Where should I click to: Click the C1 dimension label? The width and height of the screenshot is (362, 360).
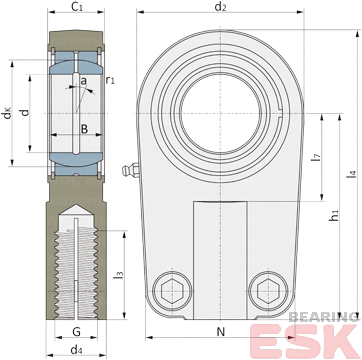[77, 7]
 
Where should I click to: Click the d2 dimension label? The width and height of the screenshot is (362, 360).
[220, 7]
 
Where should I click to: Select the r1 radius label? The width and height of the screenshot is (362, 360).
[110, 80]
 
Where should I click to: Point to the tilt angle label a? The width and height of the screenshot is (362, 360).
[83, 80]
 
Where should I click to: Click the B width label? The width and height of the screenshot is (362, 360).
[85, 129]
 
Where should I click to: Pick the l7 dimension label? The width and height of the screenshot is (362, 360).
[316, 157]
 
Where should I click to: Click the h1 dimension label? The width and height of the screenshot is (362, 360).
[333, 215]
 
